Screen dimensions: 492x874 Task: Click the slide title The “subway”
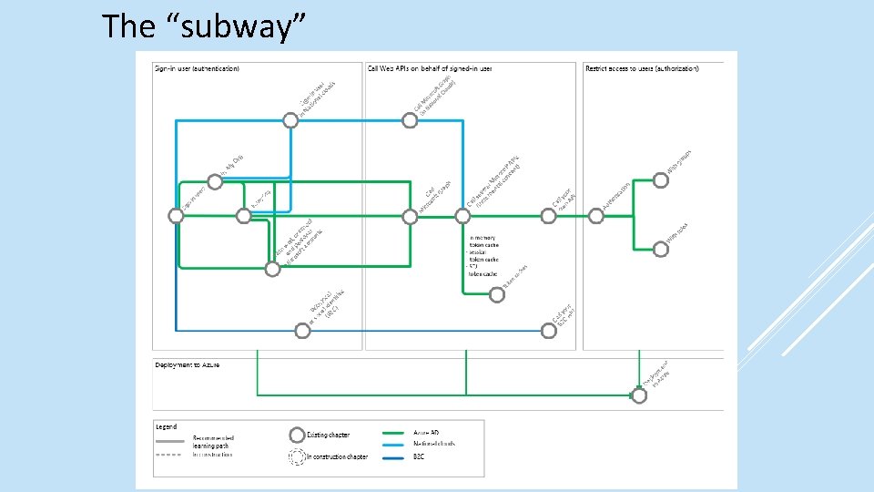pyautogui.click(x=203, y=26)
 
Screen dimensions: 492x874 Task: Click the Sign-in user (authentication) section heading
pyautogui.click(x=198, y=68)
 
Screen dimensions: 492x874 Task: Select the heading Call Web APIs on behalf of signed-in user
pyautogui.click(x=429, y=68)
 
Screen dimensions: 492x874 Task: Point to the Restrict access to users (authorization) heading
pyautogui.click(x=642, y=68)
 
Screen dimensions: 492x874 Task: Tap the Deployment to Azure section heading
pyautogui.click(x=187, y=365)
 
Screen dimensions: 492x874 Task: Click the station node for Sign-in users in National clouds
pyautogui.click(x=290, y=119)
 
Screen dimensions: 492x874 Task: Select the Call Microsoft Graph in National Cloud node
pyautogui.click(x=410, y=119)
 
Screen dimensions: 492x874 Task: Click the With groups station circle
pyautogui.click(x=661, y=180)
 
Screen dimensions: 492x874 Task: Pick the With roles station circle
pyautogui.click(x=661, y=248)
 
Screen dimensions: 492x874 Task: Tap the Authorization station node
pyautogui.click(x=595, y=216)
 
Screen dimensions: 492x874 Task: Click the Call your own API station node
pyautogui.click(x=548, y=216)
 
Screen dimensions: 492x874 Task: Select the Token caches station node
pyautogui.click(x=497, y=293)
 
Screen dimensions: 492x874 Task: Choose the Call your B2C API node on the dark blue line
pyautogui.click(x=548, y=331)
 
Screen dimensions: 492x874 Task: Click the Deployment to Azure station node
pyautogui.click(x=639, y=395)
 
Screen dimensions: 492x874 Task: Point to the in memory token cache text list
pyautogui.click(x=483, y=255)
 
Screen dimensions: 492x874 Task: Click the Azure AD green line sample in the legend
pyautogui.click(x=394, y=434)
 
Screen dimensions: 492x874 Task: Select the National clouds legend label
pyautogui.click(x=434, y=444)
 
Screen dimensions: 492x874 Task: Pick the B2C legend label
pyautogui.click(x=420, y=455)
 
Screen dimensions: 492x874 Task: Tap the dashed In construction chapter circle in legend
pyautogui.click(x=297, y=456)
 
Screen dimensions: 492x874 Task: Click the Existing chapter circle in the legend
pyautogui.click(x=297, y=435)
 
